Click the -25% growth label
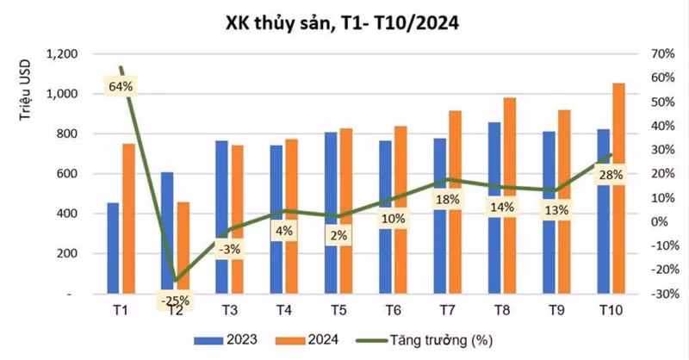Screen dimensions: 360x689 coord(175,301)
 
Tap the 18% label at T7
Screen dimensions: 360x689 coord(448,199)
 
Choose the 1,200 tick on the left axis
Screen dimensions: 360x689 coord(61,53)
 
